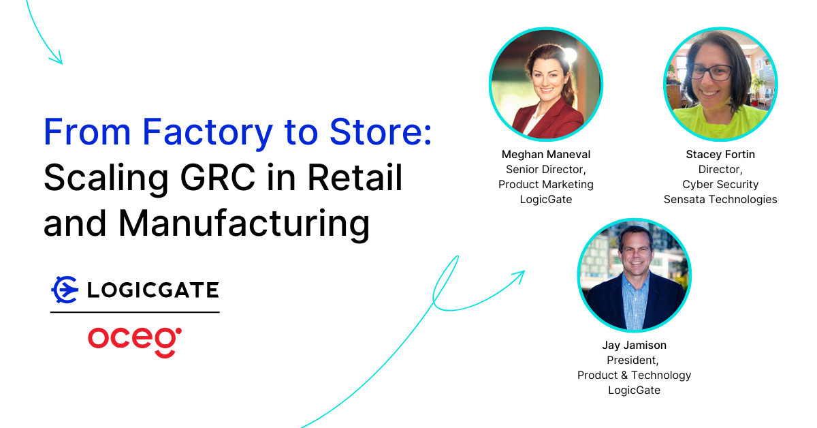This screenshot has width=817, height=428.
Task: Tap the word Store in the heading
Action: (376, 132)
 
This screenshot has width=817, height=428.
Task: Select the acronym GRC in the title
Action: (217, 178)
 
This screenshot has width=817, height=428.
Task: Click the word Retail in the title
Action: (355, 177)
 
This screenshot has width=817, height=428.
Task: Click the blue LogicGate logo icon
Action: (65, 290)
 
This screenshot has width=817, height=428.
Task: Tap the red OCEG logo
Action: (135, 342)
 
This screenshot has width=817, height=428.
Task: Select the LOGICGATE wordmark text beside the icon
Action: (153, 290)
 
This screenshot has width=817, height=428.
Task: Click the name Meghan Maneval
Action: (545, 155)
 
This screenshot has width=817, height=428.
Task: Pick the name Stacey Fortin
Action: (720, 155)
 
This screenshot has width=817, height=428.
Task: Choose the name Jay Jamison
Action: (634, 345)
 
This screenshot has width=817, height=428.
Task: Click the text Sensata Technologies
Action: (720, 200)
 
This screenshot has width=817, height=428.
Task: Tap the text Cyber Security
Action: (720, 185)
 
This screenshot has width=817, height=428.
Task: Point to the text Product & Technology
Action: (634, 375)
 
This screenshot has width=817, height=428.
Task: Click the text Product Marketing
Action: (545, 185)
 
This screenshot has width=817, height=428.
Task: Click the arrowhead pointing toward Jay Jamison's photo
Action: (519, 276)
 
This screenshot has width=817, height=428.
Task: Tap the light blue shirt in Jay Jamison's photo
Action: (635, 303)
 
